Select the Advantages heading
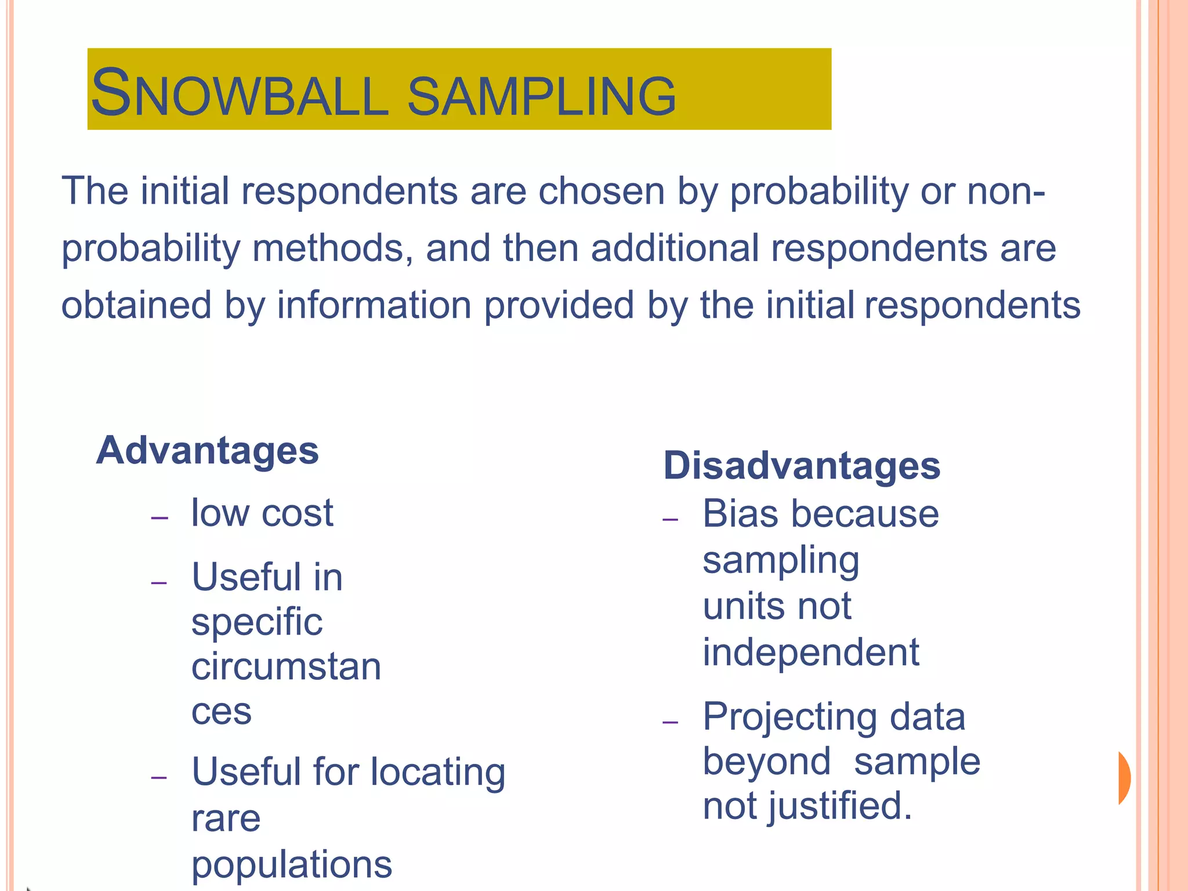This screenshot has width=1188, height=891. (x=207, y=450)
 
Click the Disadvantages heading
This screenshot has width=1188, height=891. (x=802, y=465)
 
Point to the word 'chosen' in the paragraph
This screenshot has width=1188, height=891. (x=602, y=191)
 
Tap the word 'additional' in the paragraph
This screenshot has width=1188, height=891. (x=675, y=248)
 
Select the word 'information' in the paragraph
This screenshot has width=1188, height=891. (x=374, y=305)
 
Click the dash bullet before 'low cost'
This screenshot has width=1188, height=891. (x=159, y=517)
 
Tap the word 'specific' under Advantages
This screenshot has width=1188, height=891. (x=257, y=622)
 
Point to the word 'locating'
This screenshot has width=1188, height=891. (x=438, y=772)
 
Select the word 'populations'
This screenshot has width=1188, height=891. (x=292, y=864)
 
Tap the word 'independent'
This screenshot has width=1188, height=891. (x=811, y=652)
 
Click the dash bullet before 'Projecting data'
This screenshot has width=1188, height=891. (x=670, y=722)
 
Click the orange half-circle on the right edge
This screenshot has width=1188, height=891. (x=1124, y=778)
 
